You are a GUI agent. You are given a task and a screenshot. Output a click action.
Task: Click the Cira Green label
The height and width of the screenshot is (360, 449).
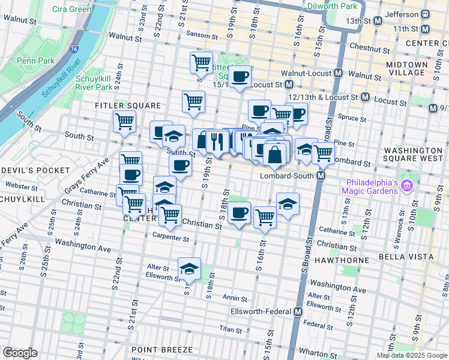[x=72, y=9]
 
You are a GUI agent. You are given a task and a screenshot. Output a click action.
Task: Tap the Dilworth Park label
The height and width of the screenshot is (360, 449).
[x=332, y=6]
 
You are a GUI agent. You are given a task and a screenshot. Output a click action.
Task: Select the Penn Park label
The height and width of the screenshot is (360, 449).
[x=35, y=61]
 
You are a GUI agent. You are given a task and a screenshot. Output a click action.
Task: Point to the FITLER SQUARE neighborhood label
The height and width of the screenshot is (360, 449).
[x=119, y=105]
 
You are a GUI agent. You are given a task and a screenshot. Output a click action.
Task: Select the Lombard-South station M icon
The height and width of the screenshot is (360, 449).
[x=321, y=176]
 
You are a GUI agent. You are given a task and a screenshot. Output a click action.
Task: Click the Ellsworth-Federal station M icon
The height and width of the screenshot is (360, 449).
[x=298, y=312]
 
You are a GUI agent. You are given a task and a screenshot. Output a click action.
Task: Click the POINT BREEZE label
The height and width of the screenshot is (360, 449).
[x=162, y=349]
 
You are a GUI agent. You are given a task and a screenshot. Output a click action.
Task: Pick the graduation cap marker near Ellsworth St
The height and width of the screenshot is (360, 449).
[x=190, y=268]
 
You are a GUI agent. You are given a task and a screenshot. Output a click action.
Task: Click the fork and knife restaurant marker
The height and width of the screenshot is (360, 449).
[x=217, y=141]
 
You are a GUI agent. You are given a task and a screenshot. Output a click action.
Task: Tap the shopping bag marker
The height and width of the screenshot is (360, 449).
[x=274, y=154]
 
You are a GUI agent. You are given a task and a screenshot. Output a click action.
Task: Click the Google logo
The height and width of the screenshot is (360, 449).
[x=20, y=353]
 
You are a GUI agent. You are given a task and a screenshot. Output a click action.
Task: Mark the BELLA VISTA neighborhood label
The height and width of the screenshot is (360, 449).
[x=406, y=256]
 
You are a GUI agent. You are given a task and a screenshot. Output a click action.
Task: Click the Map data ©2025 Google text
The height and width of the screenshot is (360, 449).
[x=412, y=355]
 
